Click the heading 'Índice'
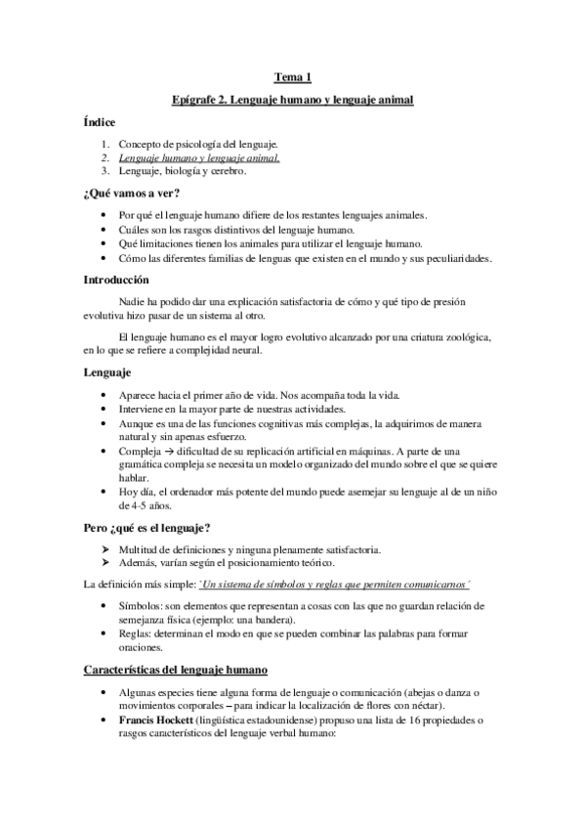coord(100,122)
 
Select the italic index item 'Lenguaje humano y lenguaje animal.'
coord(199,157)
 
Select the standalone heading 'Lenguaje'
coord(109,372)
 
